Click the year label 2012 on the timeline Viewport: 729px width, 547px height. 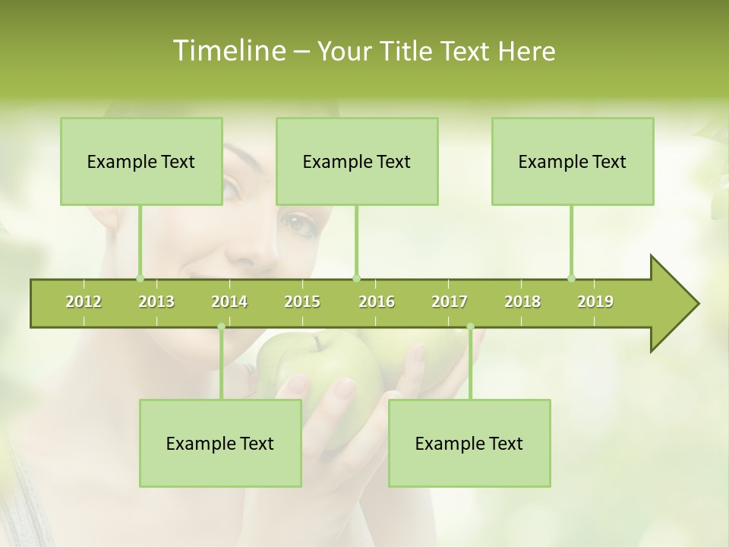84,302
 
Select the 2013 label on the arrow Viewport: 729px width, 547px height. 156,302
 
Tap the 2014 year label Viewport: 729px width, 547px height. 229,302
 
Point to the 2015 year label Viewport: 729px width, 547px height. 302,302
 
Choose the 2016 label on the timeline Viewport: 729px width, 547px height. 377,302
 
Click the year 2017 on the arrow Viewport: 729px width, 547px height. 450,302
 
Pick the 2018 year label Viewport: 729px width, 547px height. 522,302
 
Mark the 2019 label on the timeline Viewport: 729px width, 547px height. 595,302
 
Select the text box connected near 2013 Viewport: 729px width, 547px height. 141,161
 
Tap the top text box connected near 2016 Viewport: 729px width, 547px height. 357,161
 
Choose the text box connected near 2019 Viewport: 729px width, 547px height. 573,161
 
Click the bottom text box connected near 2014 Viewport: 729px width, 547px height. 220,443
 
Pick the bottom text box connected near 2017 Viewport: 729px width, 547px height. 469,443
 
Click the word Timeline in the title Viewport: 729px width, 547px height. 228,51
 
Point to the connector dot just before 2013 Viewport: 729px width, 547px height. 140,278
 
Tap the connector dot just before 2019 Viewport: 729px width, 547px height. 571,278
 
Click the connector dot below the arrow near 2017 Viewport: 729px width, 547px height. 470,327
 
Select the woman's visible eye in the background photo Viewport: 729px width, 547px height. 298,223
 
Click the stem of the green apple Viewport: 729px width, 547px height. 315,344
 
